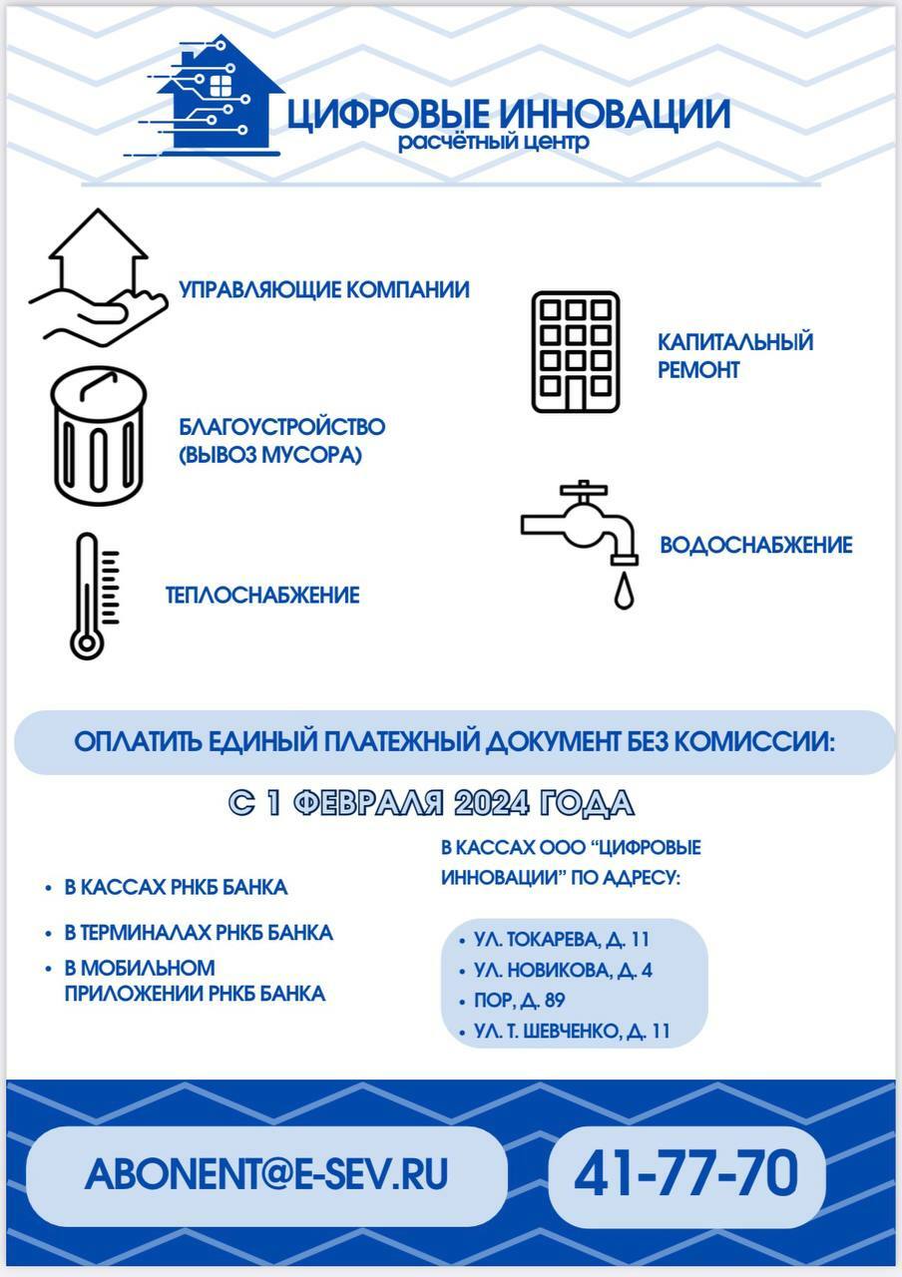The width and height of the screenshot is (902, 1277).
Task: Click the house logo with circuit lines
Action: [x=215, y=100]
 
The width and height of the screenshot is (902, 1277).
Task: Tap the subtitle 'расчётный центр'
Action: [x=493, y=143]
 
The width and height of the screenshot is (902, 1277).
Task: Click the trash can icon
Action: [x=98, y=436]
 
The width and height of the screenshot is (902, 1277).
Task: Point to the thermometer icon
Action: [x=91, y=596]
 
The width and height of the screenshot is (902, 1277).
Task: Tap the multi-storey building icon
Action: [x=575, y=352]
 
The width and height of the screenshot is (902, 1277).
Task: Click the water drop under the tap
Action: [x=624, y=590]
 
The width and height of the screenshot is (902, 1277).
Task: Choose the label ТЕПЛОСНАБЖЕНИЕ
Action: [x=262, y=596]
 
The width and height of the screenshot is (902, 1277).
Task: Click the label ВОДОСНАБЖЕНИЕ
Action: [x=755, y=546]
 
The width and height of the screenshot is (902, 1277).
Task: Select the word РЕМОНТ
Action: [x=698, y=370]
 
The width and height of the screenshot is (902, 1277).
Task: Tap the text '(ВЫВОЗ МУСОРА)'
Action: [x=270, y=455]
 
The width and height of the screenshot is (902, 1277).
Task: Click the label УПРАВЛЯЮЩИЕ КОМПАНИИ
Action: [x=324, y=290]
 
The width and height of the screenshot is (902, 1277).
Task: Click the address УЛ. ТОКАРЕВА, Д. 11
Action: [x=561, y=940]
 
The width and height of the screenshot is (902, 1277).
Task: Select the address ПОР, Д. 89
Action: [x=520, y=1001]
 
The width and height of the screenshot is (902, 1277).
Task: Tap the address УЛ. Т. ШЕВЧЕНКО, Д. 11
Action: [x=572, y=1032]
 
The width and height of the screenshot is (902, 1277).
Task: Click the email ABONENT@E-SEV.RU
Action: [x=266, y=1174]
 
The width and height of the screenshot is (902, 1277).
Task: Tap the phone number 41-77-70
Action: [x=686, y=1174]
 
